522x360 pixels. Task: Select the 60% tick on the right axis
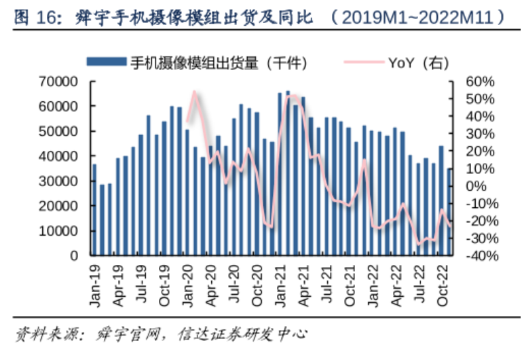pos(479,82)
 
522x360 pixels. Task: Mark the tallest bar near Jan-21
pos(288,173)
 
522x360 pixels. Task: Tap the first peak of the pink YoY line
pos(195,92)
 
